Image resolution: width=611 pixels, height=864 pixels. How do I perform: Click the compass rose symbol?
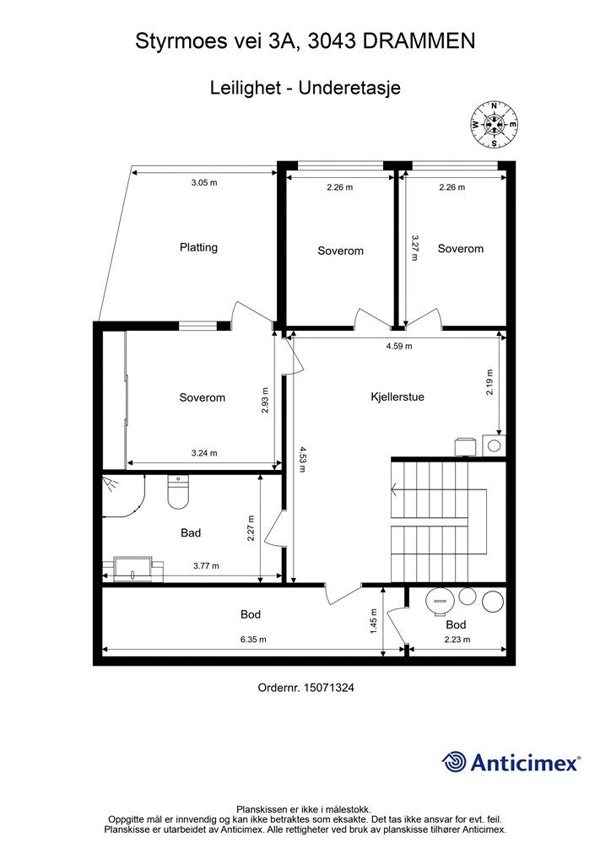pos(495,125)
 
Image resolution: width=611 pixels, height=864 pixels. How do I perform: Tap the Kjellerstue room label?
pos(397,397)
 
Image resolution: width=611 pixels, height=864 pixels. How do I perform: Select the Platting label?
pos(198,247)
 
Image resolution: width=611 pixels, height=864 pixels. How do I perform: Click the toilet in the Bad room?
pos(178,492)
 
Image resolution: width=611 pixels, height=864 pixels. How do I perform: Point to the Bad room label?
pos(191,533)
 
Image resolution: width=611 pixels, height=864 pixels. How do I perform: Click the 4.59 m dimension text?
pos(399,346)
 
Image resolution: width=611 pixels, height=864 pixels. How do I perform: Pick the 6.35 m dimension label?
pos(253,640)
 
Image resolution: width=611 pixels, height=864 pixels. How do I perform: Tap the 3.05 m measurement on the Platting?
pos(204,182)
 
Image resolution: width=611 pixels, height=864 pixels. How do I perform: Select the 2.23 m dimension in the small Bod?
pos(457,640)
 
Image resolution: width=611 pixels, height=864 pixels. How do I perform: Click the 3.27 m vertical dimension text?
pos(414,248)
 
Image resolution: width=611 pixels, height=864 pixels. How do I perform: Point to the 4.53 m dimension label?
pos(302,460)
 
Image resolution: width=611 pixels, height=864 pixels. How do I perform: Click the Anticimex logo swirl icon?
pos(454,762)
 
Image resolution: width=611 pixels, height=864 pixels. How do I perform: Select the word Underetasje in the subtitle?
pos(349,88)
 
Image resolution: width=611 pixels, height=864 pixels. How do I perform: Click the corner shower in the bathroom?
pos(123,496)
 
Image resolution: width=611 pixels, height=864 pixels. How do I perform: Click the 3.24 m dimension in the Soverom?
pos(204,453)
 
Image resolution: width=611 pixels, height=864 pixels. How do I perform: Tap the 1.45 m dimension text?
pos(374,621)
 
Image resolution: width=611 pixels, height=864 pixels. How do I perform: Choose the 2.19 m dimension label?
pos(489,382)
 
